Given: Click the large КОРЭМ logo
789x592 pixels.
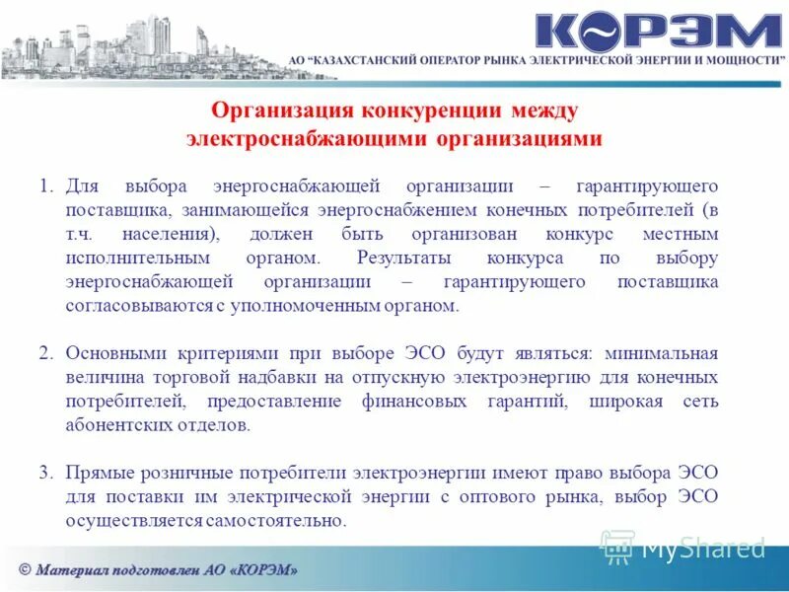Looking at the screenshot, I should click(x=658, y=32).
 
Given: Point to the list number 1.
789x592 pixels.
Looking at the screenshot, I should click(x=45, y=186).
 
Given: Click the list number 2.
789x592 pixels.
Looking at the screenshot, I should click(x=45, y=352).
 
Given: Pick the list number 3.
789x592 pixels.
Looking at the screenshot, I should click(x=45, y=472).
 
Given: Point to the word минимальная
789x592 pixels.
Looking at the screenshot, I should click(x=662, y=352).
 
